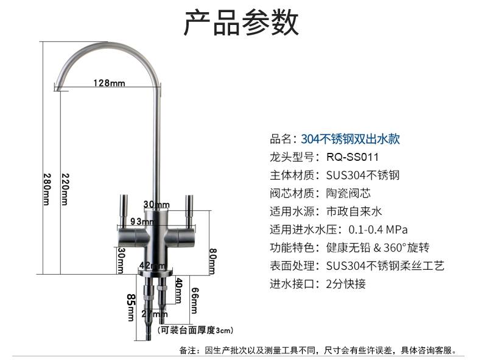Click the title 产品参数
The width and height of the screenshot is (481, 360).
click(241, 23)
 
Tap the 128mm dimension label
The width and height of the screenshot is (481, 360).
click(109, 83)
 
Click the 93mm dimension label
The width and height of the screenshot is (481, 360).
click(142, 221)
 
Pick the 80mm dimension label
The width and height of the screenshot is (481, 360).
click(212, 262)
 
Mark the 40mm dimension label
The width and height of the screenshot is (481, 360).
click(178, 291)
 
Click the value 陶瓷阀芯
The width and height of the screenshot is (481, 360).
click(348, 193)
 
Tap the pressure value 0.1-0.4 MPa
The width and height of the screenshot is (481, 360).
click(377, 230)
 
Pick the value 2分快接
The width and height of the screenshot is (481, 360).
click(346, 284)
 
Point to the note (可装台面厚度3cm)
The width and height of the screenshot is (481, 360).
click(195, 331)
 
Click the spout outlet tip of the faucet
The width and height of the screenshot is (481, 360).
click(57, 86)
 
